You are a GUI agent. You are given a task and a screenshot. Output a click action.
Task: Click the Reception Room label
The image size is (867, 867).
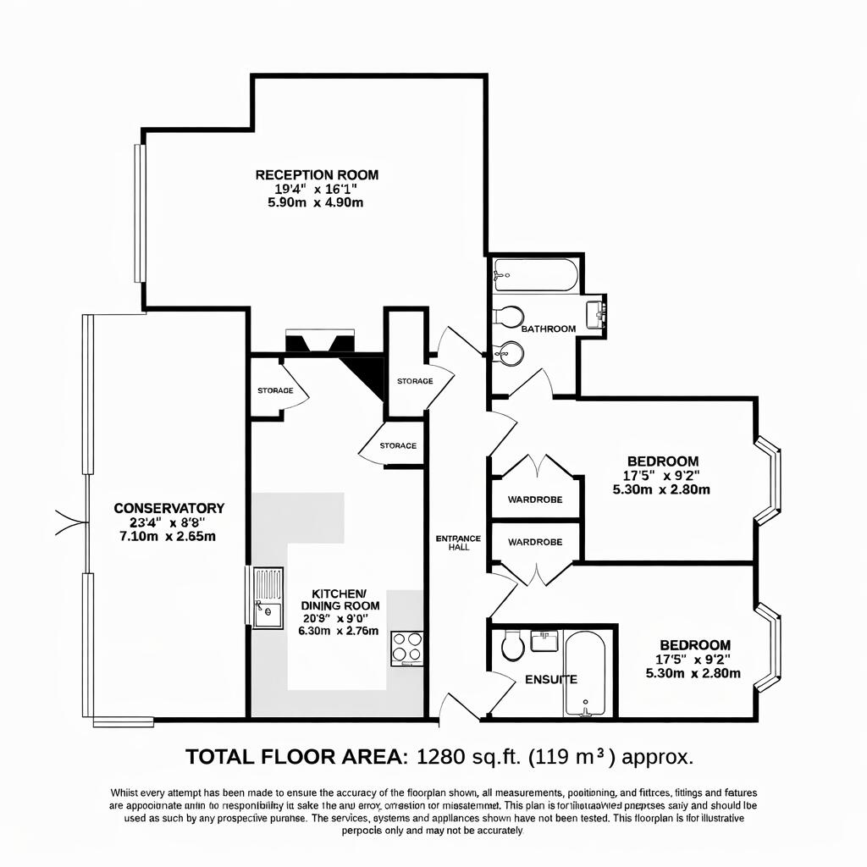[317, 175]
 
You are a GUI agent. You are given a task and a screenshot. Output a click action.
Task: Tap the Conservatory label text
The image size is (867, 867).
[168, 508]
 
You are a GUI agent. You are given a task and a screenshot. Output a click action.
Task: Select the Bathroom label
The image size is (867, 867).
[548, 329]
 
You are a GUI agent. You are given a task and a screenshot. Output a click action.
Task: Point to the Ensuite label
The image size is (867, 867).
[551, 679]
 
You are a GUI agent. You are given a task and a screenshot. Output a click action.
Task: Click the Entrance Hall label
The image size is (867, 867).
[458, 543]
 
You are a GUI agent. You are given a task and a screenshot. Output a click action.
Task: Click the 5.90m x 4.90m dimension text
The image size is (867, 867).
[316, 203]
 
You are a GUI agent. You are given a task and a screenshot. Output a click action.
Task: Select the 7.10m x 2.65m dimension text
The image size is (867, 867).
[168, 537]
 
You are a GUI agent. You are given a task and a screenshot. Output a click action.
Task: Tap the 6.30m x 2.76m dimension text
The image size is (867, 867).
[339, 630]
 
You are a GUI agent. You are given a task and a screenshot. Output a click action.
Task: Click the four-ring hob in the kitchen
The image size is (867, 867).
[406, 649]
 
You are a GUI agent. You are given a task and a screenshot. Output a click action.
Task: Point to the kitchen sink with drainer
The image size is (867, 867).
[267, 598]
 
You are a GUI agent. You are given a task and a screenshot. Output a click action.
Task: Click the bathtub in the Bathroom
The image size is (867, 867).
[536, 275]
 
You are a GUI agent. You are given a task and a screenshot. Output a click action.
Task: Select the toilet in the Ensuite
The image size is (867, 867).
[512, 645]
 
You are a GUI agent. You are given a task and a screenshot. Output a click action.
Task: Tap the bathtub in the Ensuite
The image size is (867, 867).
[584, 674]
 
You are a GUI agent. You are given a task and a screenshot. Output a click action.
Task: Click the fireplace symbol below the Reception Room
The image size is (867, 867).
[319, 342]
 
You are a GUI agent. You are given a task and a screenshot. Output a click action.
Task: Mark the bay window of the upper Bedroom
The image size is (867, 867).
[767, 480]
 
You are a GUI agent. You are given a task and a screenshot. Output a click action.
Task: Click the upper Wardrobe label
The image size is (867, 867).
[535, 500]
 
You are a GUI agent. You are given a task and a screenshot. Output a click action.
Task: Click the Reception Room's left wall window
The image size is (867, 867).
[140, 213]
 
